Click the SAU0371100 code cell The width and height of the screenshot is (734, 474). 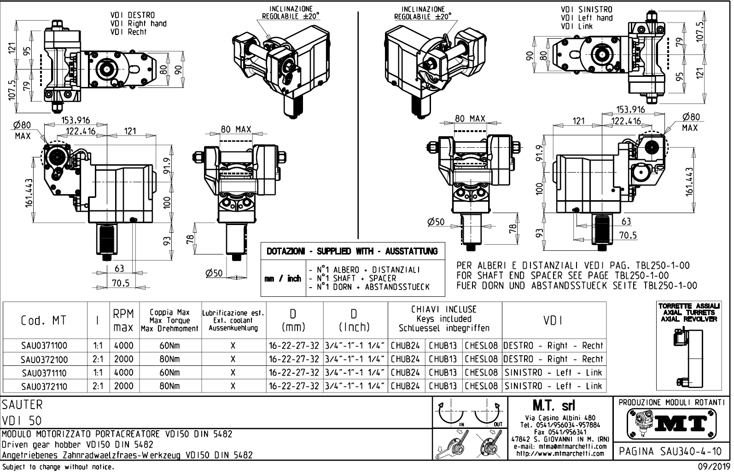coord(44,346)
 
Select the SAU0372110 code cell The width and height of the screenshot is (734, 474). coord(44,387)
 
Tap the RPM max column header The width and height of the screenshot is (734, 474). coord(123,320)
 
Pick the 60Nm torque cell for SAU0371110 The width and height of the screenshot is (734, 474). coord(170,373)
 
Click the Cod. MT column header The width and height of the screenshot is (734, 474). coord(44,320)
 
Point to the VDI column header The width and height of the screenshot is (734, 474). coord(553,320)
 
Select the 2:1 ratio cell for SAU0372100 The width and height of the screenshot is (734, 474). coord(98,359)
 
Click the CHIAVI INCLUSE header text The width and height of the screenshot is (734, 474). coord(444,310)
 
